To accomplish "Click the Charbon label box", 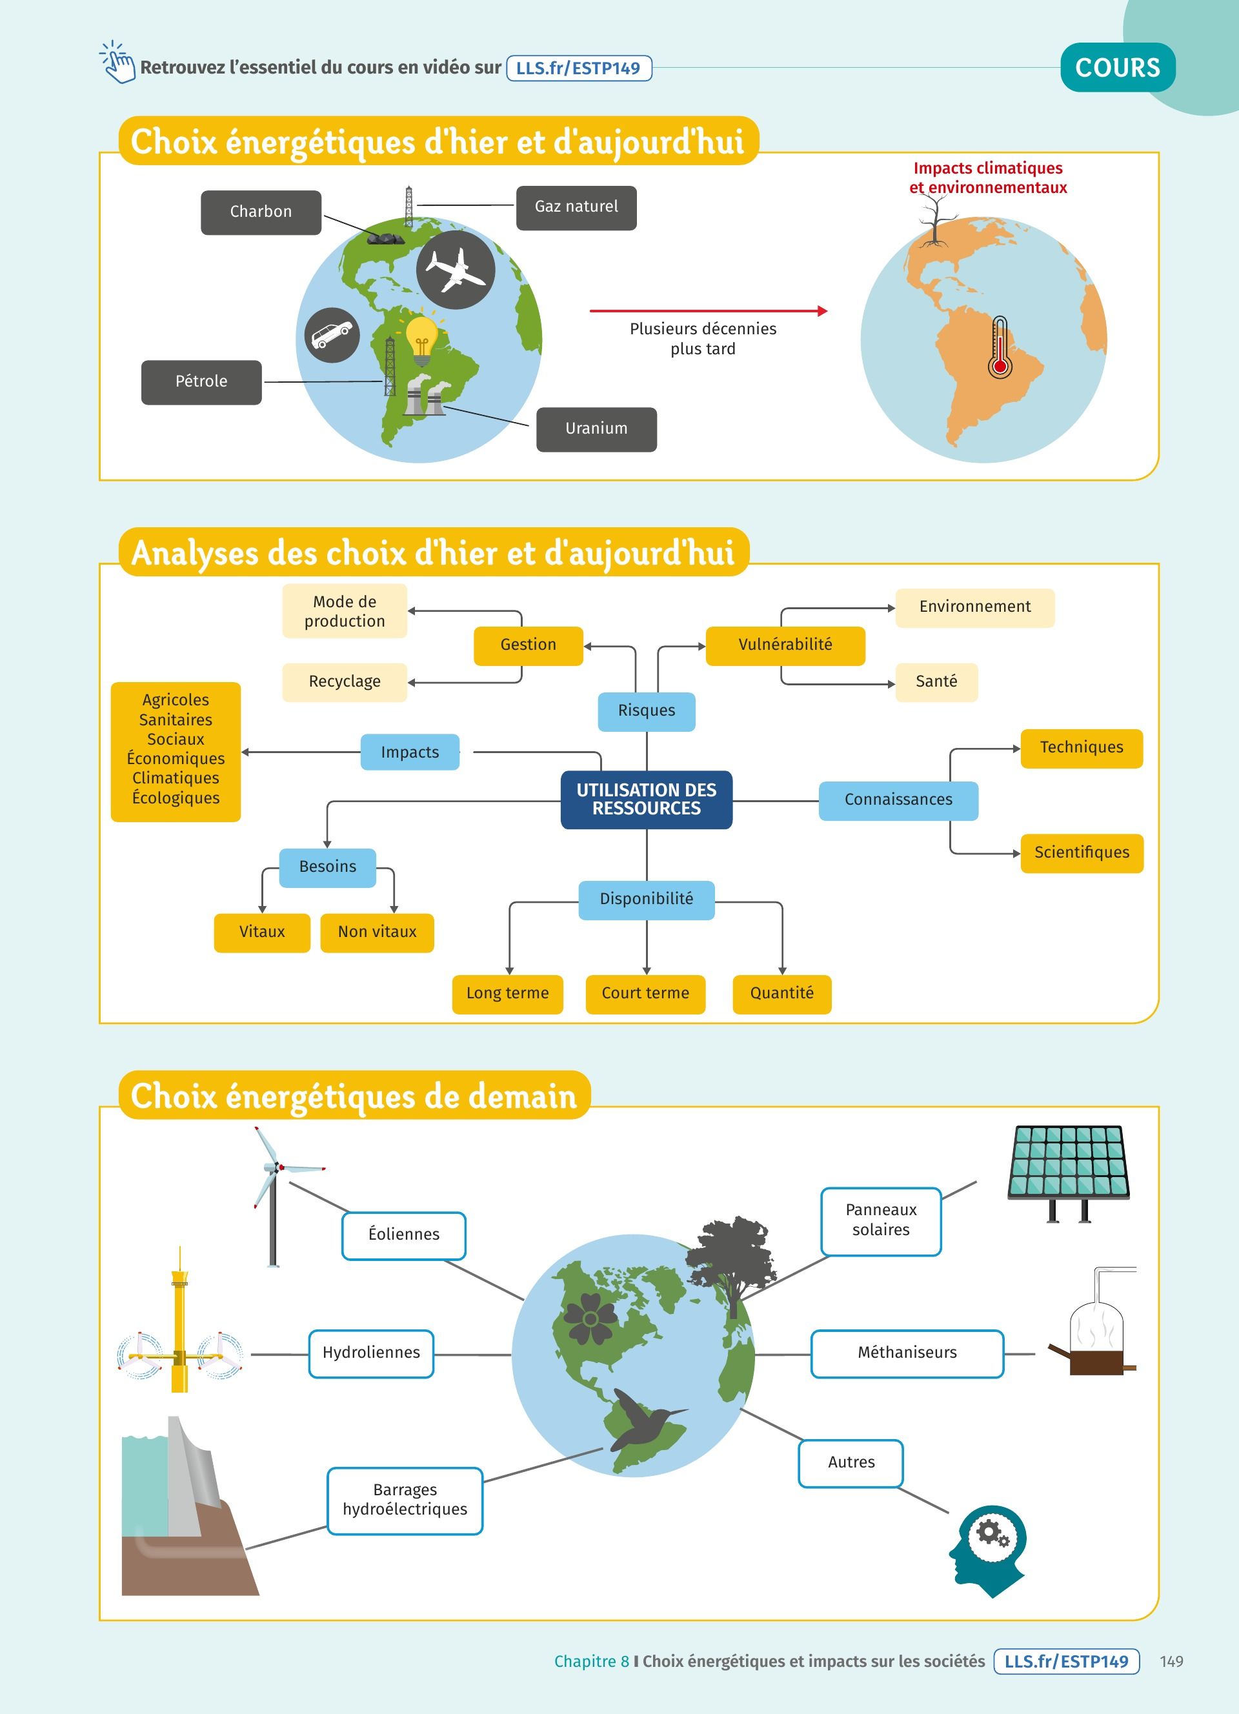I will tap(261, 212).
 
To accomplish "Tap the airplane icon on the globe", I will tap(456, 270).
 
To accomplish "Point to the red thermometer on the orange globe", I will tap(1000, 348).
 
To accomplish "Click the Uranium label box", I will tap(596, 429).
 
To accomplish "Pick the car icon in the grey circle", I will tap(332, 335).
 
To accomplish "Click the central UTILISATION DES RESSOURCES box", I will tap(646, 800).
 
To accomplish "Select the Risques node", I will tap(646, 711).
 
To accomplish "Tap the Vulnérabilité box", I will tap(785, 645).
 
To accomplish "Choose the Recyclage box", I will tap(345, 681).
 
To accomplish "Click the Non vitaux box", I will tap(377, 932).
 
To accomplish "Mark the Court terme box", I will tap(645, 994).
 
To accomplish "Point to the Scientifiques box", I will tap(1081, 853).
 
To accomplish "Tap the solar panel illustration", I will tap(1068, 1171).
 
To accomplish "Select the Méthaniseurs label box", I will tap(907, 1353).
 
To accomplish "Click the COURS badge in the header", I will tap(1118, 68).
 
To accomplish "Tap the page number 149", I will tap(1171, 1662).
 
